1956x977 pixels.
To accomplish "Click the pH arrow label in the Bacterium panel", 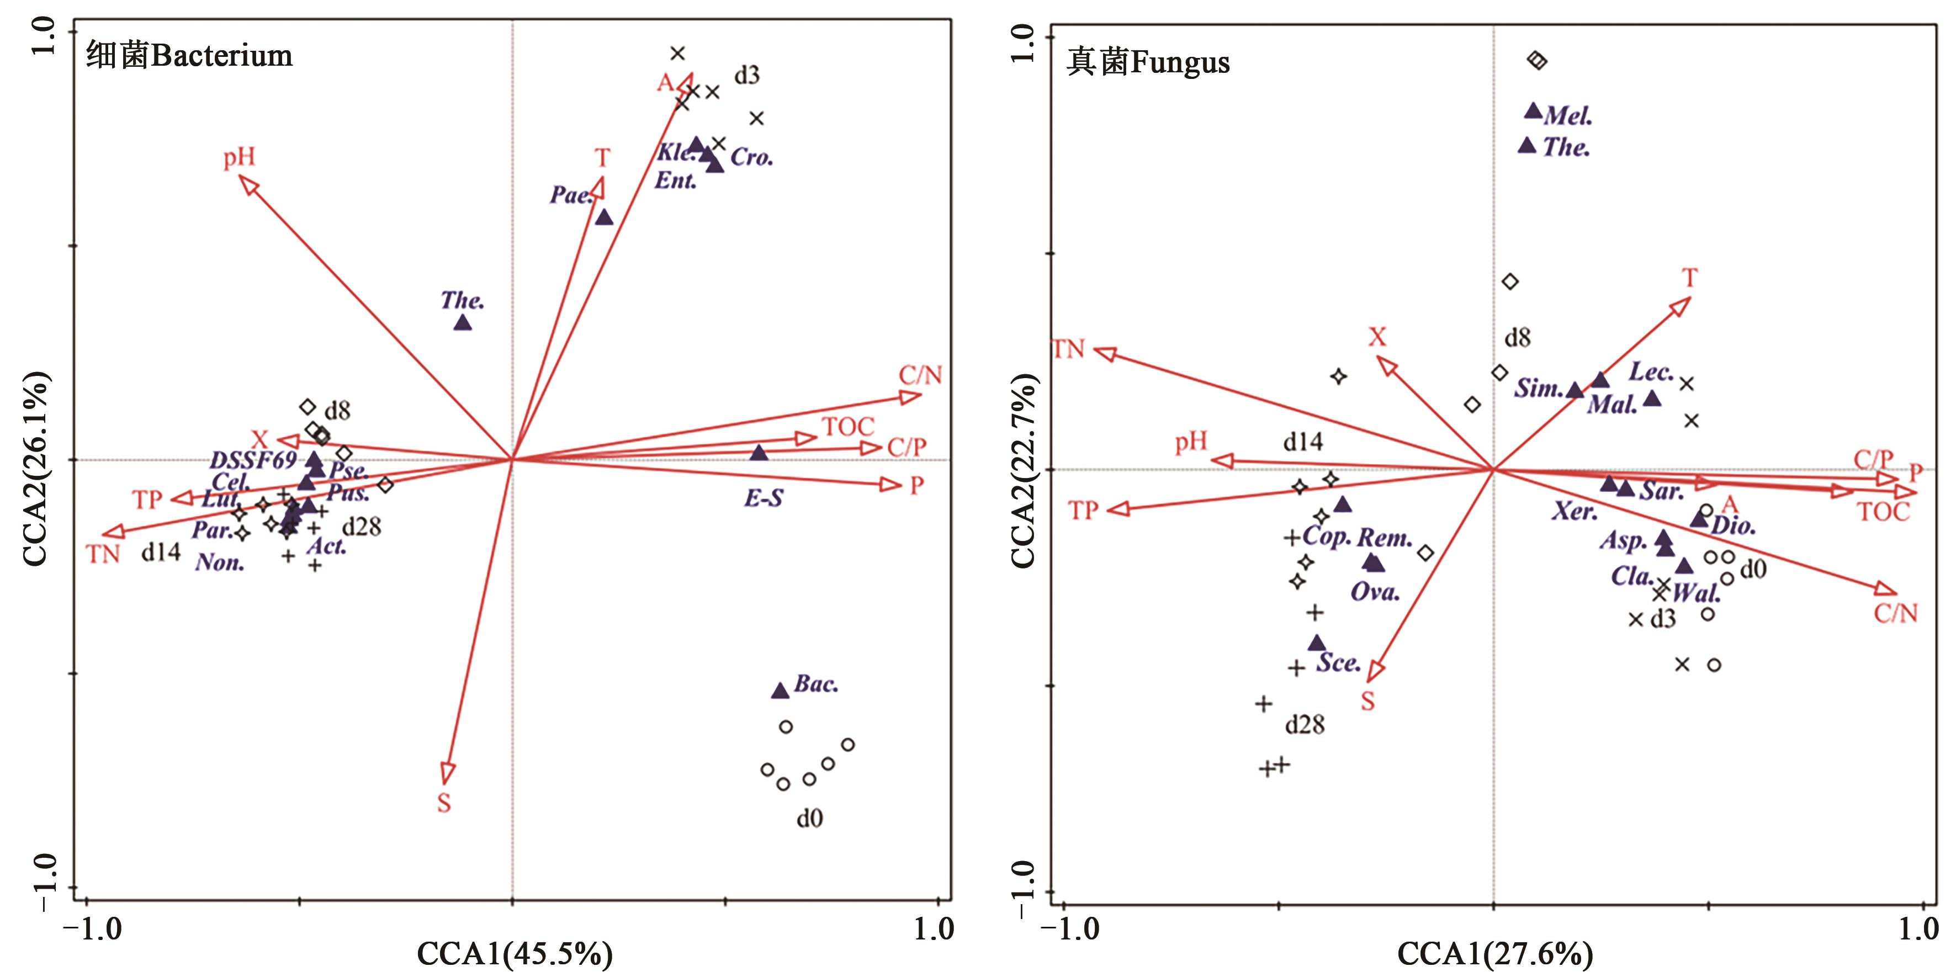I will coord(239,157).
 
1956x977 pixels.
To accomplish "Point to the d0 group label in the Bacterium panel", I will coord(809,819).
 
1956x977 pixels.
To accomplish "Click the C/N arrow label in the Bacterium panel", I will coord(920,375).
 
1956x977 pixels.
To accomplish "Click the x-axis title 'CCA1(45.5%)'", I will coord(515,953).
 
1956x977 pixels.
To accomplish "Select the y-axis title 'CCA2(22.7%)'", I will coord(1023,471).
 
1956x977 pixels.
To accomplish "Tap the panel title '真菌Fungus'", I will coord(1148,62).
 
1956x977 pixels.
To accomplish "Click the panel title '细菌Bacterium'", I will coord(189,55).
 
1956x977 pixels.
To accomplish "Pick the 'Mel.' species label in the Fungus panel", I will coord(1568,115).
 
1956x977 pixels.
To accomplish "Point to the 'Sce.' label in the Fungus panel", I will coord(1338,663).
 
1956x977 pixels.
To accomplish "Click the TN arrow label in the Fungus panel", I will coord(1068,349).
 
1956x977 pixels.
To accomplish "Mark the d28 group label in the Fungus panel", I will coord(1305,725).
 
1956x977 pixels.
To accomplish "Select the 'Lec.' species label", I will coord(1651,371).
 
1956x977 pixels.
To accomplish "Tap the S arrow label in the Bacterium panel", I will coord(444,803).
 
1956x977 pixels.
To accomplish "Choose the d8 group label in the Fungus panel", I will coord(1517,338).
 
